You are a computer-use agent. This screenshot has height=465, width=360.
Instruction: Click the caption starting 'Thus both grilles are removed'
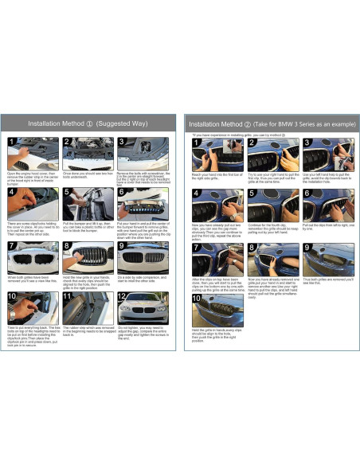[x=327, y=281]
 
